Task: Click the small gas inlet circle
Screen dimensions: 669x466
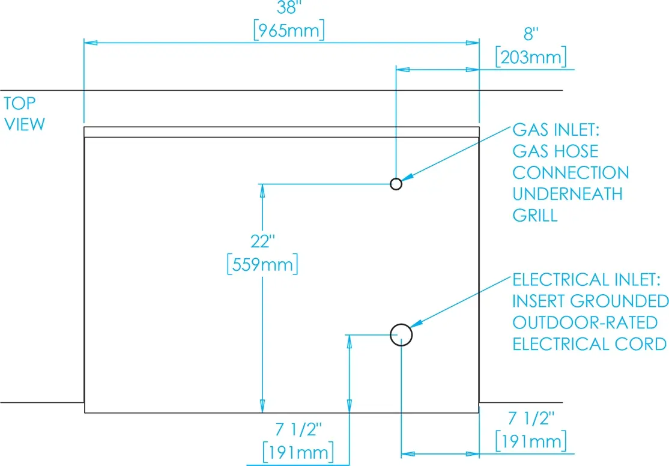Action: [396, 179]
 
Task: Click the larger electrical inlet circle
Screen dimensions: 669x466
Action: [401, 324]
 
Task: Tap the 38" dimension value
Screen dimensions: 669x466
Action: [289, 8]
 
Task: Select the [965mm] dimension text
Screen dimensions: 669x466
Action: [289, 30]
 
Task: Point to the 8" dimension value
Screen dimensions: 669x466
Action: [531, 34]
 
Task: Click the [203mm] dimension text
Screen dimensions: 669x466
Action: [531, 57]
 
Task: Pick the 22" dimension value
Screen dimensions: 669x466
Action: [262, 241]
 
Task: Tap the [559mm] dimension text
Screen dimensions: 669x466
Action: [262, 265]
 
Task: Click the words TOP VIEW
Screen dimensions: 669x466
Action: [24, 114]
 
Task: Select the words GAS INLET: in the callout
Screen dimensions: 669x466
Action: [556, 130]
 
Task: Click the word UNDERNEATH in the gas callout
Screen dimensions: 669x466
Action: [568, 194]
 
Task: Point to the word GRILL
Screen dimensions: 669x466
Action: [535, 216]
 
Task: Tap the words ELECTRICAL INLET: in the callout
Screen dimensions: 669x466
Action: [586, 280]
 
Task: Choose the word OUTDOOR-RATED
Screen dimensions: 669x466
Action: [585, 322]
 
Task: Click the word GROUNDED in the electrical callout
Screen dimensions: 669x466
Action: [619, 301]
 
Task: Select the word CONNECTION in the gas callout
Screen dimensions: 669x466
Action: [571, 173]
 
